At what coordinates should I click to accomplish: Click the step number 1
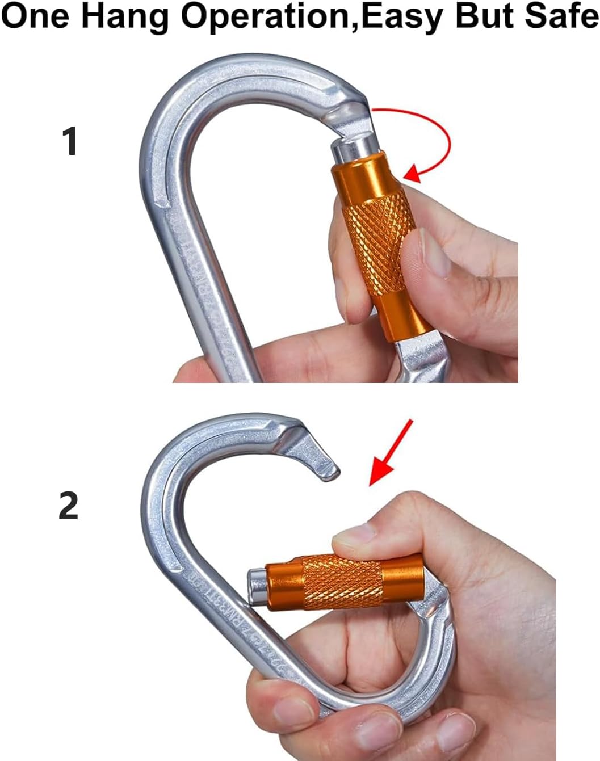[69, 142]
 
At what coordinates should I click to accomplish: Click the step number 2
[69, 506]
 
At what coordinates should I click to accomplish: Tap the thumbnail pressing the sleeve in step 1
[431, 250]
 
